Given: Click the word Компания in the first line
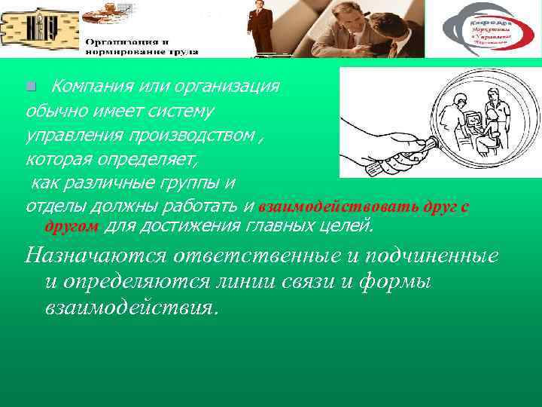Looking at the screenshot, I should [88, 87].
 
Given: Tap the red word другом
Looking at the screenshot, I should [72, 226].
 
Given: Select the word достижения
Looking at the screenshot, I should [202, 225].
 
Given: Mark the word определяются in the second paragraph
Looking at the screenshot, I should [135, 283].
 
